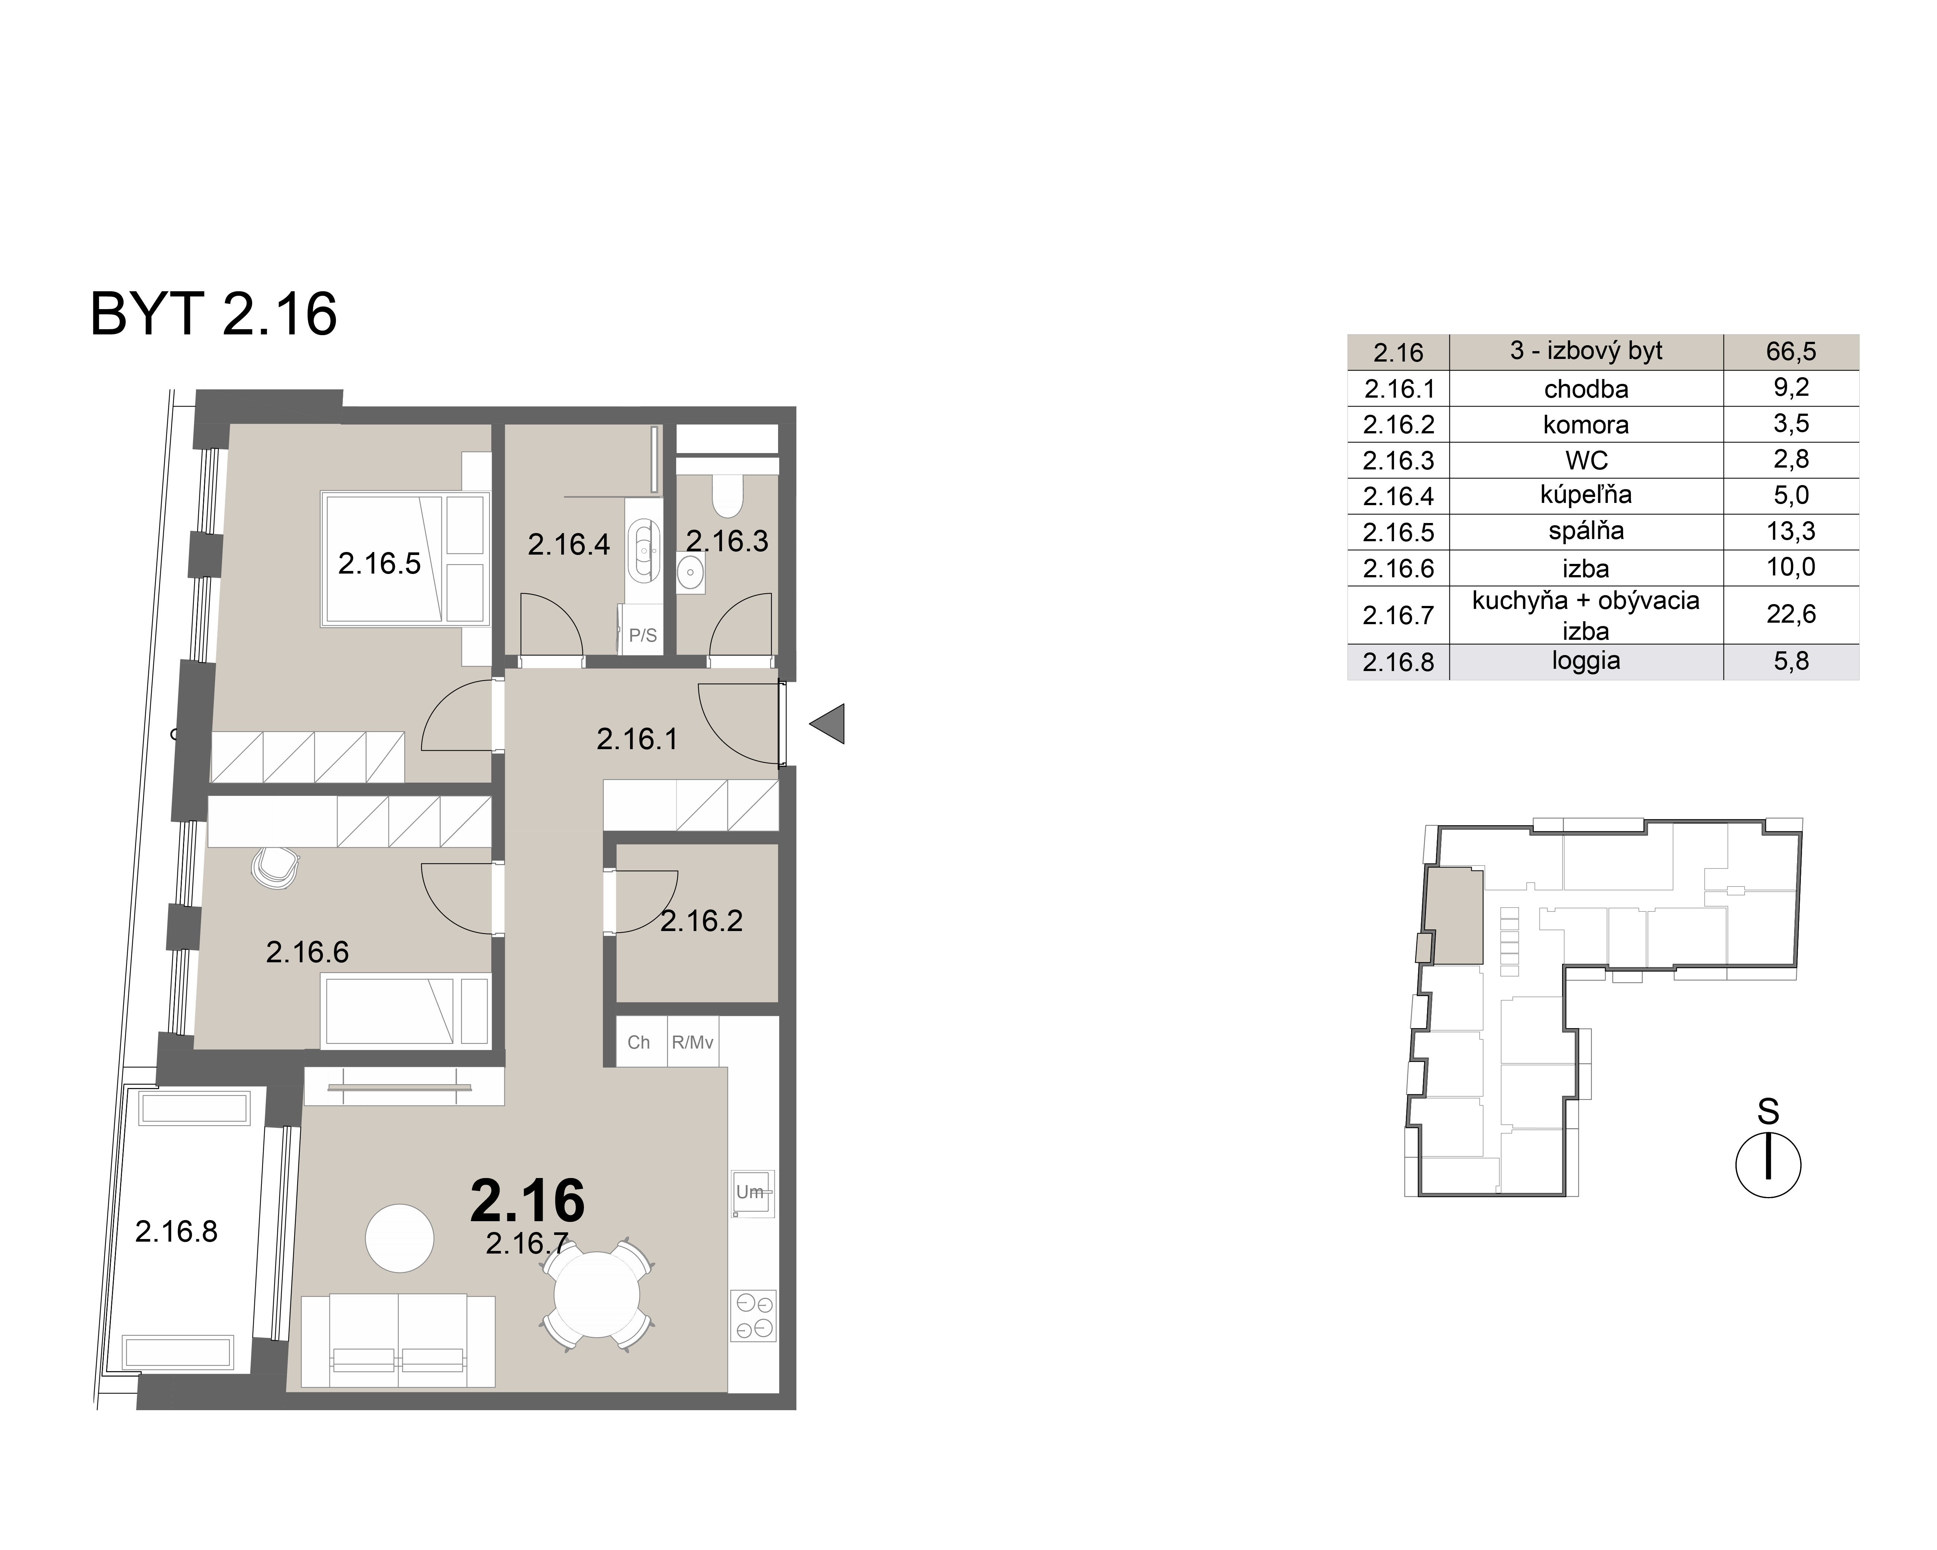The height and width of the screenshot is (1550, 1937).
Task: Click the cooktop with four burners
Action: [753, 1316]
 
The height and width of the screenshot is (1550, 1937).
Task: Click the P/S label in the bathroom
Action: [642, 635]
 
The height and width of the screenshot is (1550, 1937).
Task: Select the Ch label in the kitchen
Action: [639, 1042]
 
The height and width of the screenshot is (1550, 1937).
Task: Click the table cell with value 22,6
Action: [1790, 614]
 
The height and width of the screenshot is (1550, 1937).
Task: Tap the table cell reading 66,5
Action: [1790, 352]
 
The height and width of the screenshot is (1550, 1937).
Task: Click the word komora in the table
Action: [1586, 424]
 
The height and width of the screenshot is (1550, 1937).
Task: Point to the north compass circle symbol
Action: [1768, 1165]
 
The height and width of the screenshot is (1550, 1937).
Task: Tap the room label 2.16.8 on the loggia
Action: [176, 1231]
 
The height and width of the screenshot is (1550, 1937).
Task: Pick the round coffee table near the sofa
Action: [400, 1238]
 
